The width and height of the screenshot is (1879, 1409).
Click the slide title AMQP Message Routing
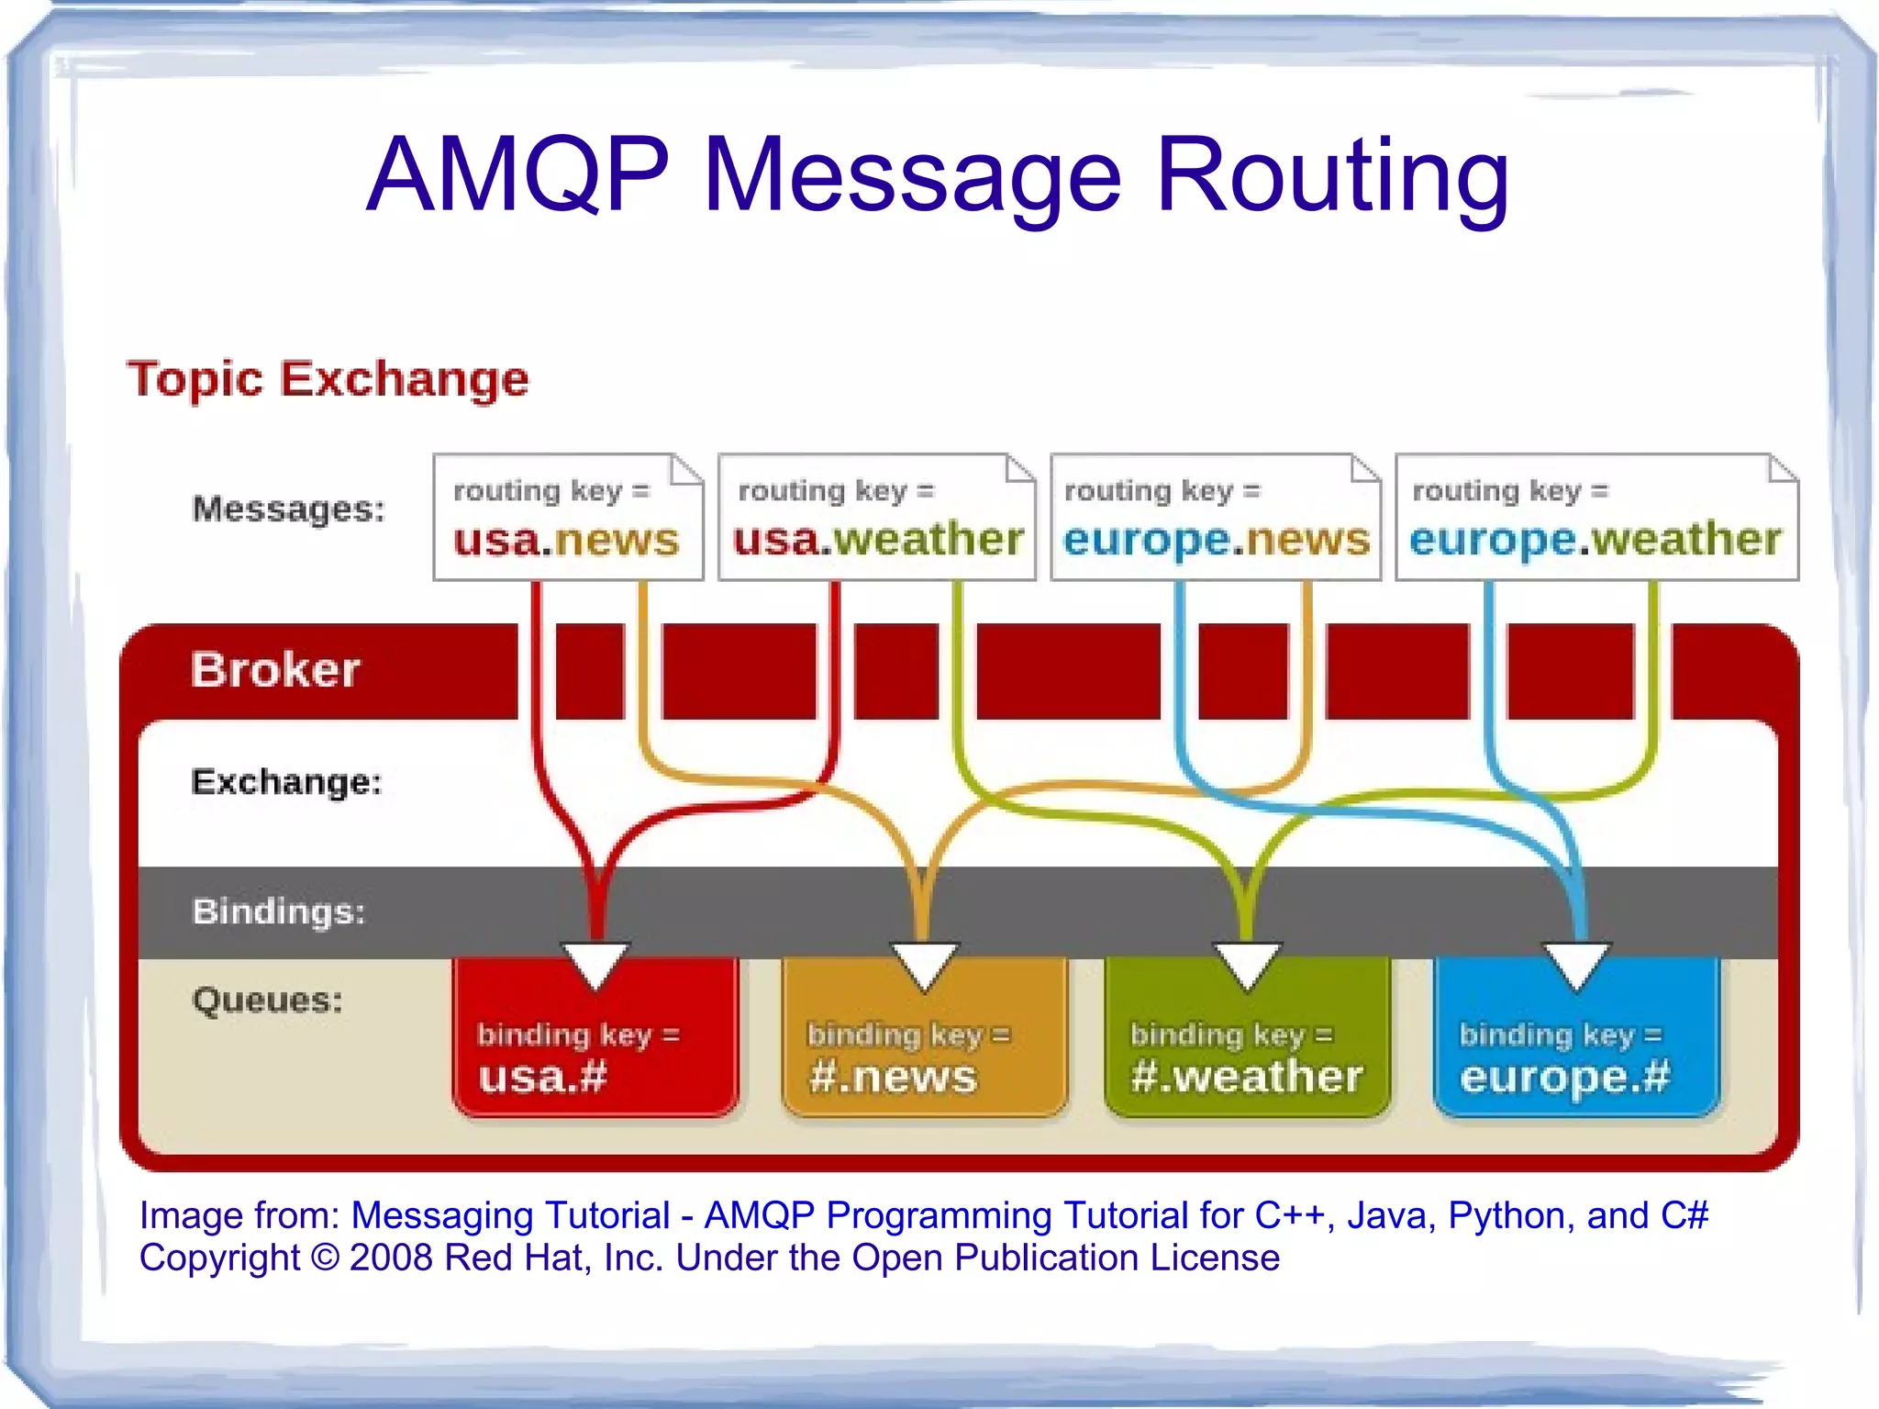coord(937,174)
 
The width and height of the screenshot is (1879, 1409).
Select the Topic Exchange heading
coord(328,379)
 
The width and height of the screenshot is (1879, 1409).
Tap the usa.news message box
coord(568,518)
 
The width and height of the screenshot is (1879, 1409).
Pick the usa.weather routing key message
coord(877,518)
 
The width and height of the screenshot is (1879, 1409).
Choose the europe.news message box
coord(1216,518)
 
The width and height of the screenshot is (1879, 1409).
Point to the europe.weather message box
coord(1596,518)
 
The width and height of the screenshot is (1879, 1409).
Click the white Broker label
coord(275,669)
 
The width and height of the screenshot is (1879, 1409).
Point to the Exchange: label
coord(286,782)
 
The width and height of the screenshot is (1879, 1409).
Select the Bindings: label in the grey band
coord(279,911)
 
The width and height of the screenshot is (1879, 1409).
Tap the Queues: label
coord(267,1000)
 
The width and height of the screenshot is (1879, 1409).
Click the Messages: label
coord(288,509)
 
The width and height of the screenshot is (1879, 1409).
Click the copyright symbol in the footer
coord(325,1258)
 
